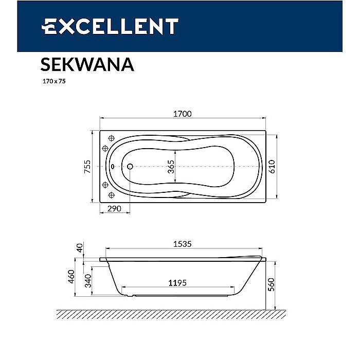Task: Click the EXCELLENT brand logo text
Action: pos(110,26)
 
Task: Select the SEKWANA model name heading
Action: pos(87,64)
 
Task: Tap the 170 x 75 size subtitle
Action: pos(54,81)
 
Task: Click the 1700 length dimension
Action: pos(182,114)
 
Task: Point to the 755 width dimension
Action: pos(87,167)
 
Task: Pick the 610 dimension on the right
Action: pos(272,167)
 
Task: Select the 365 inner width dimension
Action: pos(171,167)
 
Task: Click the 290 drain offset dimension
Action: pos(114,208)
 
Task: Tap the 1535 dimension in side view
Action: pos(182,244)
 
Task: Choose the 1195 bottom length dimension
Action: pos(177,283)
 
